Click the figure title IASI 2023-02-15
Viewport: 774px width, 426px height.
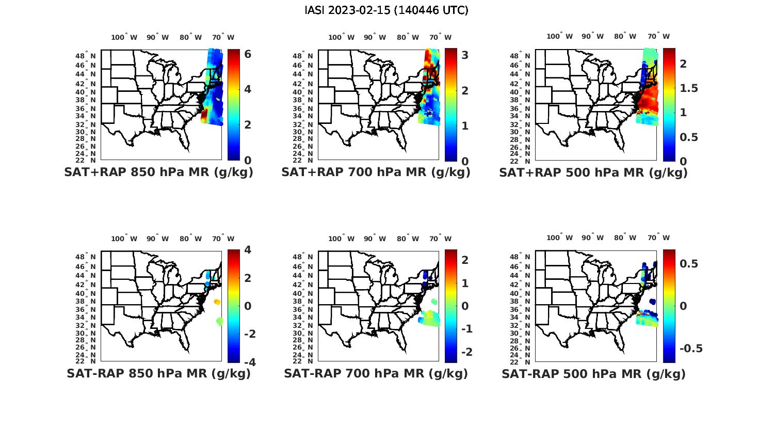click(386, 10)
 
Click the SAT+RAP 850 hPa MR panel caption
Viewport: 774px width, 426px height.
click(158, 172)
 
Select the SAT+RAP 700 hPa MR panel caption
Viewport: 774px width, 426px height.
click(376, 172)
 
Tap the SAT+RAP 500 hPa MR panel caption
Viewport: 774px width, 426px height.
click(593, 172)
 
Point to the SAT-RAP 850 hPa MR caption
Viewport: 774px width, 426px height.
click(158, 373)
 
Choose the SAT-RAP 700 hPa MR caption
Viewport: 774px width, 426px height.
click(376, 373)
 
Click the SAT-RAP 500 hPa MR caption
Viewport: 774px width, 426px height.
click(593, 373)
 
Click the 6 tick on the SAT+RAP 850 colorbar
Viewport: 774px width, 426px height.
click(248, 54)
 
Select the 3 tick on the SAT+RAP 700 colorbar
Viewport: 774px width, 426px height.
click(464, 55)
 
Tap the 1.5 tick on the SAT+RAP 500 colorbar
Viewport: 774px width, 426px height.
click(689, 88)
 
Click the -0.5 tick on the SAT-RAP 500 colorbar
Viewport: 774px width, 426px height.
click(691, 349)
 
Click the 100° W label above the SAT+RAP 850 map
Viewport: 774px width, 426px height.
click(124, 37)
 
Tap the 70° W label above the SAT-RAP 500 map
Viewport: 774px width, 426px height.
click(658, 238)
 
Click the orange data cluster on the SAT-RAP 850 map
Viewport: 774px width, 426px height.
click(217, 302)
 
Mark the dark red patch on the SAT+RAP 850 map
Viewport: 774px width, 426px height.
click(204, 114)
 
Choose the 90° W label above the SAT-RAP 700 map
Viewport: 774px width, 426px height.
click(375, 239)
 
